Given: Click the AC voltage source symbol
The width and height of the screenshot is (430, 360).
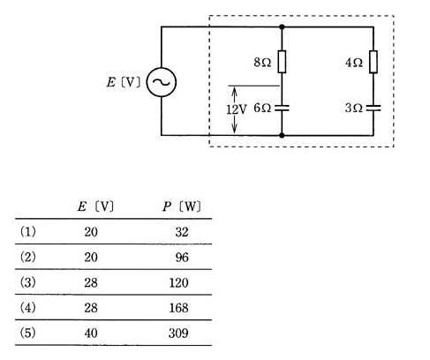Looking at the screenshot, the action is (162, 82).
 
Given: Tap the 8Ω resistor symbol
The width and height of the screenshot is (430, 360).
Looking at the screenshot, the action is (282, 62).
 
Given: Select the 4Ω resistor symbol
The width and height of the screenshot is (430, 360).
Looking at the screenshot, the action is (373, 62).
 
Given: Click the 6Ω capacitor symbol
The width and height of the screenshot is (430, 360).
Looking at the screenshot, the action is (282, 108).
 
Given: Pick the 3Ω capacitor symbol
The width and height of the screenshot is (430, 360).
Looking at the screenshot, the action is (373, 108).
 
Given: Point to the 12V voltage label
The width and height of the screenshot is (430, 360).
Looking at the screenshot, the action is (237, 109).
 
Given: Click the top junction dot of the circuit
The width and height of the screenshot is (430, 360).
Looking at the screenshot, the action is (282, 27).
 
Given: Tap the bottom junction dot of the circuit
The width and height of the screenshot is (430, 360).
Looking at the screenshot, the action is (282, 135).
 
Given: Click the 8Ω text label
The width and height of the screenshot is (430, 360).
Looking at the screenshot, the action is (262, 63).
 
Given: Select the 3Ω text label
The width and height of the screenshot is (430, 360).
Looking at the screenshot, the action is (353, 109).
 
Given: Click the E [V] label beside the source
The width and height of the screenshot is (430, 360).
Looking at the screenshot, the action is (124, 82).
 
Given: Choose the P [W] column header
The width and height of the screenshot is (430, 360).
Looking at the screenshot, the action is (182, 206).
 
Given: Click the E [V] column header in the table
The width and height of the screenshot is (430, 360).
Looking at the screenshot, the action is (95, 206).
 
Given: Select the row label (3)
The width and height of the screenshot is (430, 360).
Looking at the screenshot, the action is (28, 282).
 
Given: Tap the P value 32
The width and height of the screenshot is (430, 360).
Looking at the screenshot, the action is (182, 232).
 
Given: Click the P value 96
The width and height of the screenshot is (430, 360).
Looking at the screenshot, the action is (182, 258).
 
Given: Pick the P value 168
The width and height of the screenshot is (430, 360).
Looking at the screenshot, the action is (178, 308).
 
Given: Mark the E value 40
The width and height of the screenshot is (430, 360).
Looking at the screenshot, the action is (91, 334).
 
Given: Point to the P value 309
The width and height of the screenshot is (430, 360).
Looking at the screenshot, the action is (178, 334).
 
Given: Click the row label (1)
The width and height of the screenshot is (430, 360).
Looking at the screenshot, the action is (28, 232).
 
